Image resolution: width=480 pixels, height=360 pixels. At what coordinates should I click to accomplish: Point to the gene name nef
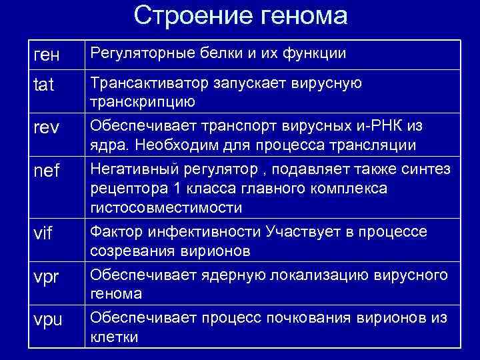tap(46, 171)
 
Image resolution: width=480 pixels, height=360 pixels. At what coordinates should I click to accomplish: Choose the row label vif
tap(43, 235)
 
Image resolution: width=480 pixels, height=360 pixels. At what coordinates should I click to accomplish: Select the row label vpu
tap(47, 319)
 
